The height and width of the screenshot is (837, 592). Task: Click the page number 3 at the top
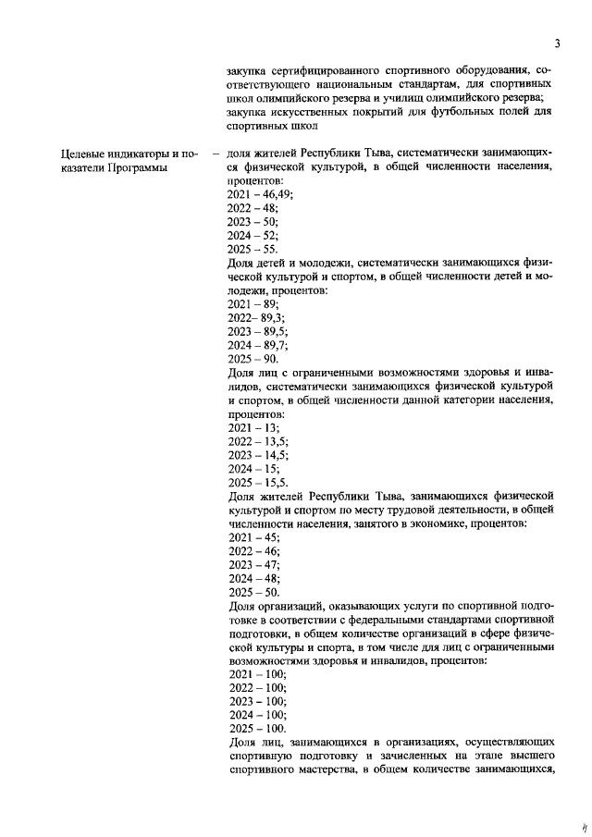(x=559, y=43)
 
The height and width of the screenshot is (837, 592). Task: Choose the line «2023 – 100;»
(x=256, y=702)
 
